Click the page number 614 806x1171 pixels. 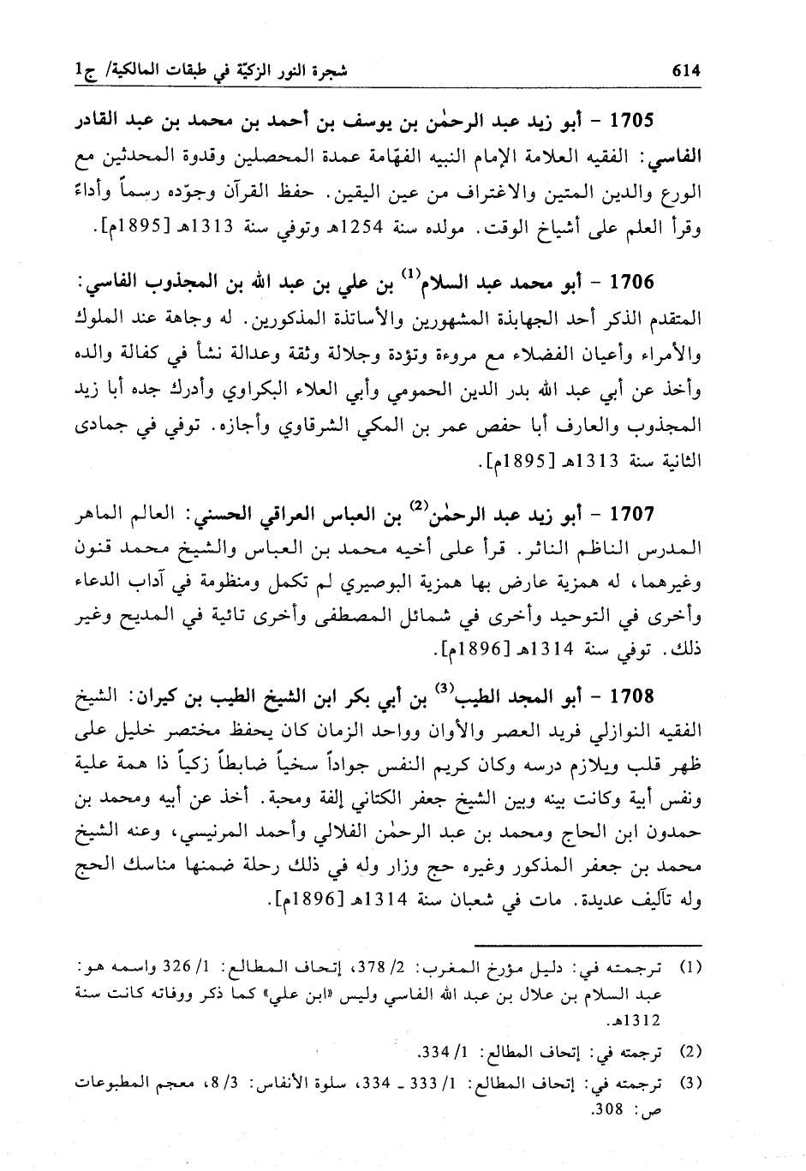point(686,72)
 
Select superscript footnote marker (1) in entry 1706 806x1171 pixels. point(409,274)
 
